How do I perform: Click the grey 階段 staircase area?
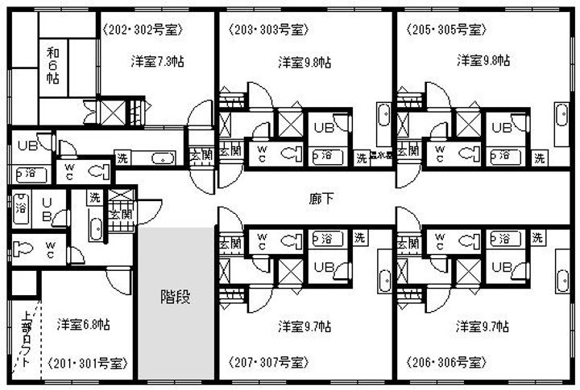[x=176, y=297]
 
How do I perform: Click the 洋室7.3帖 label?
[x=158, y=60]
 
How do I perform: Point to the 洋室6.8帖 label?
[x=84, y=325]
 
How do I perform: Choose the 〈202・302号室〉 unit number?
[x=144, y=30]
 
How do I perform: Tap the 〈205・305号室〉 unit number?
[x=445, y=30]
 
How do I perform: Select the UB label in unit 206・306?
[x=502, y=266]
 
